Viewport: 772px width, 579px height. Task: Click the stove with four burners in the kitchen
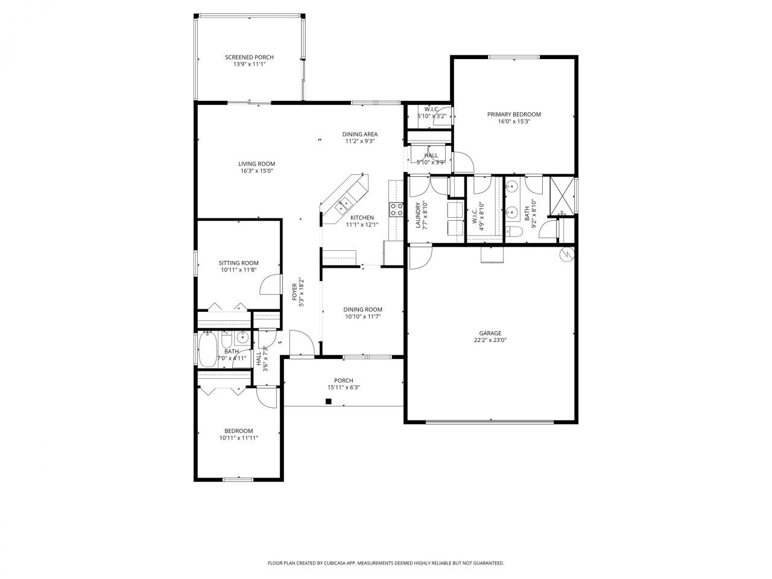click(397, 209)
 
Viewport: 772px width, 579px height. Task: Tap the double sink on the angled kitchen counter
click(344, 203)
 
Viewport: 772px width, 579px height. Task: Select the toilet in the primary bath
click(513, 232)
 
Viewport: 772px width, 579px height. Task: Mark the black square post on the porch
click(329, 401)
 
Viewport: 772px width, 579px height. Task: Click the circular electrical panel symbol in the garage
click(566, 255)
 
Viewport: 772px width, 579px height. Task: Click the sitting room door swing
click(270, 285)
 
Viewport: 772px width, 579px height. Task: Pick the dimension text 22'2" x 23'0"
click(490, 340)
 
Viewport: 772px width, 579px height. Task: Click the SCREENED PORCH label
click(249, 57)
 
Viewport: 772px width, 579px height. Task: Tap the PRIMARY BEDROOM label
click(514, 114)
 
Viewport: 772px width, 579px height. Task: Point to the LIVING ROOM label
click(256, 163)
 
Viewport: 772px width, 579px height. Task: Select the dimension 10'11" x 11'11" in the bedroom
click(239, 438)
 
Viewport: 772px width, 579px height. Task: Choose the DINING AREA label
click(360, 134)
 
